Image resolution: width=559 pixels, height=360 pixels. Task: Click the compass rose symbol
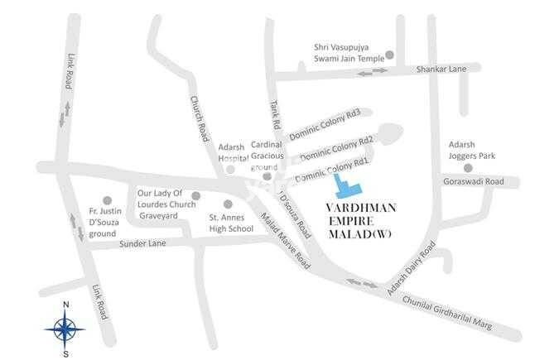click(x=63, y=329)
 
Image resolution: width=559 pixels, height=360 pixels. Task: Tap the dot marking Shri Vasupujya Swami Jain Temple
click(x=390, y=56)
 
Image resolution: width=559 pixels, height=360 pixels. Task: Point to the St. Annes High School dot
click(x=228, y=204)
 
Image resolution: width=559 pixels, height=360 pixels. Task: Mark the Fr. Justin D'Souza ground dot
click(x=106, y=200)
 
